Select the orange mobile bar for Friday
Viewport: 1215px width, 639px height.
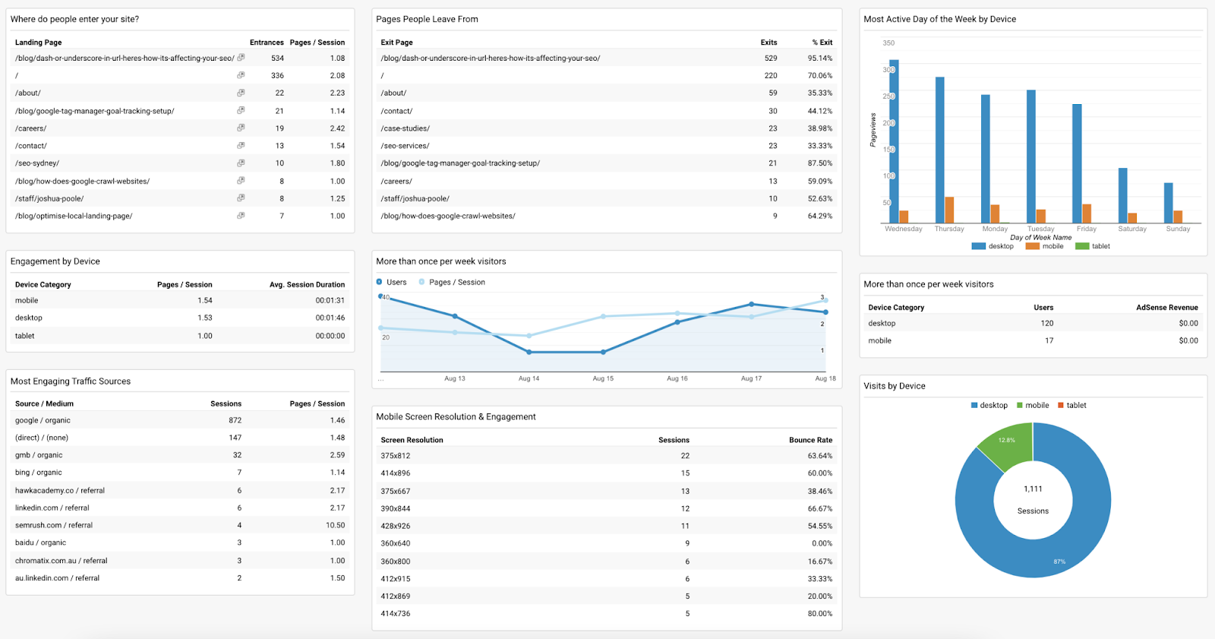1087,214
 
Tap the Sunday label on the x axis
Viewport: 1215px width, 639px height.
1178,229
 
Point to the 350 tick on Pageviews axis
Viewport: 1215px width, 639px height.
888,43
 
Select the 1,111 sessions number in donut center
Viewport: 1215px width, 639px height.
1033,489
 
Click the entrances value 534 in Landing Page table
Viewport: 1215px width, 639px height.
277,59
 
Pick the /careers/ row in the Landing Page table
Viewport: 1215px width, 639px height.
31,128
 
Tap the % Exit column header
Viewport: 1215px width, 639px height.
822,43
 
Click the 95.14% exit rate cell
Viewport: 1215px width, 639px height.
819,59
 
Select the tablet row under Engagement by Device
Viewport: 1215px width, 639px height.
25,336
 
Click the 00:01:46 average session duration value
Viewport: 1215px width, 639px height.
330,318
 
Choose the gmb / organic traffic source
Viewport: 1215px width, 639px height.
39,455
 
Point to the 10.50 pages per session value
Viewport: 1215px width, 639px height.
335,526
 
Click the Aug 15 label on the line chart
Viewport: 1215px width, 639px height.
603,378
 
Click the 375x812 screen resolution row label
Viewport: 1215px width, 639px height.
395,456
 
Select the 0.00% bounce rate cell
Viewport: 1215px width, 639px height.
822,544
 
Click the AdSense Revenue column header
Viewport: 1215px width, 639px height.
1166,308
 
